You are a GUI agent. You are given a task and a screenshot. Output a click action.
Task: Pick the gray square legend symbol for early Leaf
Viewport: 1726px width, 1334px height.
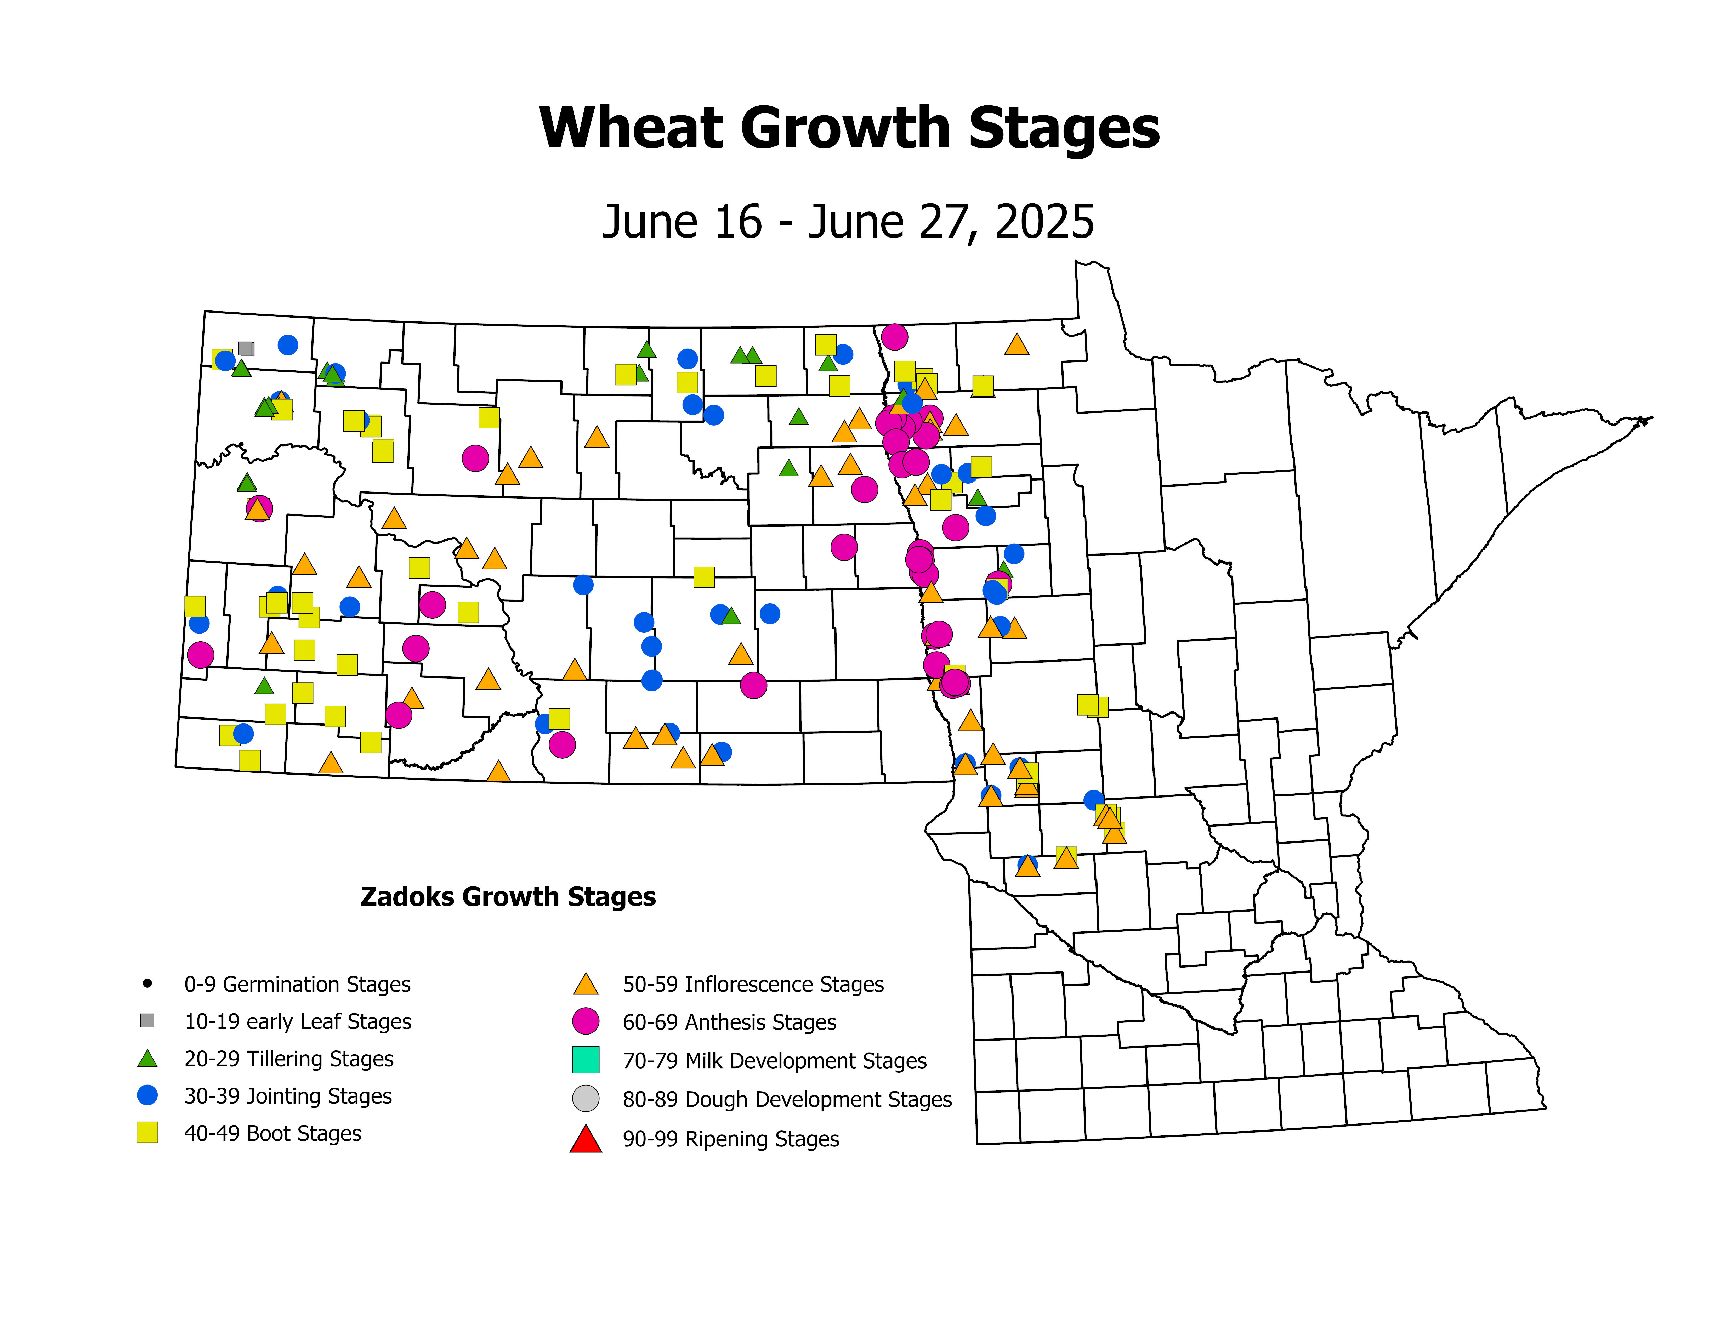tap(147, 1020)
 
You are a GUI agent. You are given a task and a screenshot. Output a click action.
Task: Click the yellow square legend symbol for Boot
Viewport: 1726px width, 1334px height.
tap(147, 1133)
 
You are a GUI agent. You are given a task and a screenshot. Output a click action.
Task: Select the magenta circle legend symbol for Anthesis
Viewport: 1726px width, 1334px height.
tap(586, 1021)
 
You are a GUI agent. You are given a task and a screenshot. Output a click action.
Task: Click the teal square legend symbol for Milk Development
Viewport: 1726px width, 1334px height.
tap(586, 1060)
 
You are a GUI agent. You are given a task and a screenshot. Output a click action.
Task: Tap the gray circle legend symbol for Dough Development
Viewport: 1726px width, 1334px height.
tap(586, 1099)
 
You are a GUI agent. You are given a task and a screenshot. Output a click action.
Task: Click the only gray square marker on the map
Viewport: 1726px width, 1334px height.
tap(246, 348)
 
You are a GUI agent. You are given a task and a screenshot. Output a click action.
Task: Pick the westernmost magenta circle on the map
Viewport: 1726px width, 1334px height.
tap(201, 654)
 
